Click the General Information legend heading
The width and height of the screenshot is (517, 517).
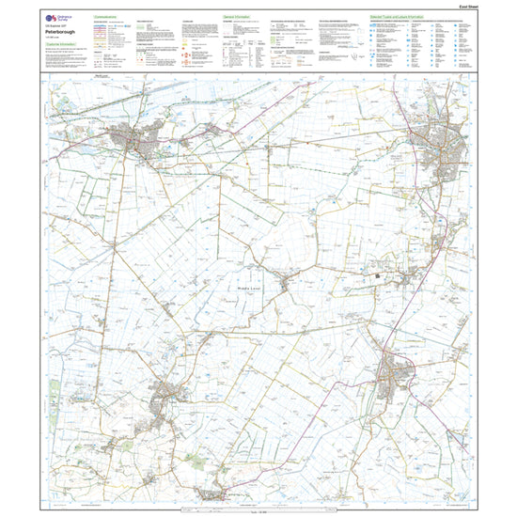pyautogui.click(x=237, y=16)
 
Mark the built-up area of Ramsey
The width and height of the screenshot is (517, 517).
pyautogui.click(x=169, y=395)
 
